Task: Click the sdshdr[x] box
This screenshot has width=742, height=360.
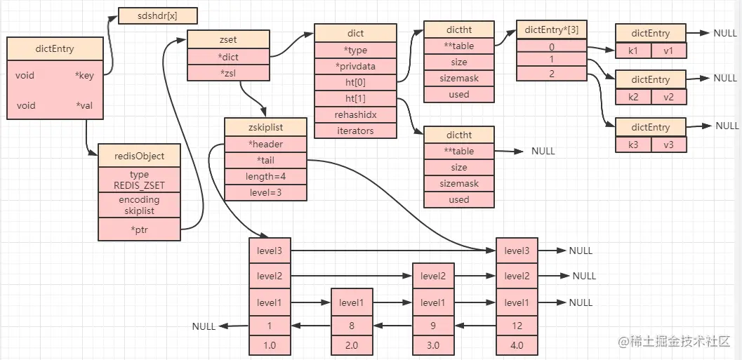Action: click(x=158, y=15)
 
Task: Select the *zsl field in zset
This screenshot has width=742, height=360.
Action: click(x=227, y=73)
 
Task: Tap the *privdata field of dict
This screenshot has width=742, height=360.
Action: click(x=355, y=66)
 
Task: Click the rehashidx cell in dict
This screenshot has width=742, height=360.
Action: click(x=355, y=114)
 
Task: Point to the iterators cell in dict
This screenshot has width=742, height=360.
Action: click(x=355, y=131)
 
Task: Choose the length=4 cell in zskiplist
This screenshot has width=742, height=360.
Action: click(x=265, y=176)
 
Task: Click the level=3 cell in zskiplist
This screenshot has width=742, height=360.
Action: click(x=265, y=192)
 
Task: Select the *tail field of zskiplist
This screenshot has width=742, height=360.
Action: click(x=265, y=160)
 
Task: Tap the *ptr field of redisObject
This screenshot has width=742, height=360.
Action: click(x=139, y=229)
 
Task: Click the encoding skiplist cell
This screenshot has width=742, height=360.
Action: click(x=139, y=205)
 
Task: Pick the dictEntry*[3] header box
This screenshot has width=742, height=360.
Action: click(x=551, y=29)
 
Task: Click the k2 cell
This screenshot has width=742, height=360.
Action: click(x=633, y=97)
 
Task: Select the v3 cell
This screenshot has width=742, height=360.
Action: click(x=669, y=145)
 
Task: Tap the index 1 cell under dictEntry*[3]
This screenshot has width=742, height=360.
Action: click(x=551, y=60)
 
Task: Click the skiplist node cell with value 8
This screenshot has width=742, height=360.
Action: click(x=351, y=326)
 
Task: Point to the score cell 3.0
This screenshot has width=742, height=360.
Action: click(x=433, y=346)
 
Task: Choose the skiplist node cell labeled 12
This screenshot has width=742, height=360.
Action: click(x=517, y=326)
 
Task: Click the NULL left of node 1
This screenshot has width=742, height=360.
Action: click(x=204, y=326)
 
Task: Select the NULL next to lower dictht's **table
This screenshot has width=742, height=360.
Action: click(x=543, y=151)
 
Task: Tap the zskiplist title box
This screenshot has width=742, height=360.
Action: click(x=265, y=127)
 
